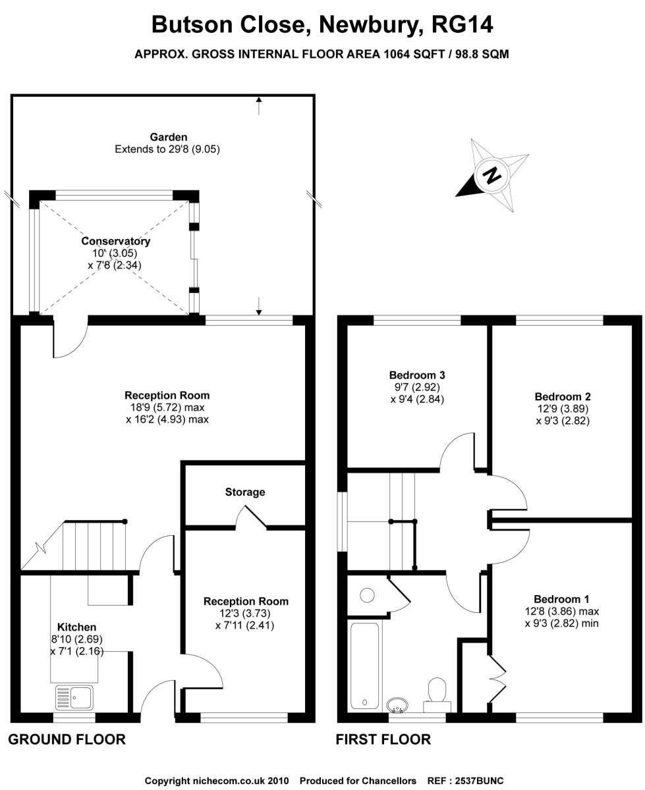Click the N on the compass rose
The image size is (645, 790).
(491, 174)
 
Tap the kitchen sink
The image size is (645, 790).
(74, 697)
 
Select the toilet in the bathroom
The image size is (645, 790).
(437, 695)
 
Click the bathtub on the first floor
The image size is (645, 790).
(364, 666)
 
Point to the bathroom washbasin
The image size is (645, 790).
(397, 704)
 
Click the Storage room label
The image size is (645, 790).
(244, 492)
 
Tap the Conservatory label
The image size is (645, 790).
(115, 241)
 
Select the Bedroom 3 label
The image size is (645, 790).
(417, 375)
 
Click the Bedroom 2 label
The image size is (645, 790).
(563, 396)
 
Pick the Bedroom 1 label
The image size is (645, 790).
(561, 599)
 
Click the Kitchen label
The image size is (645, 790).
(77, 627)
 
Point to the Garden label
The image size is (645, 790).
(168, 137)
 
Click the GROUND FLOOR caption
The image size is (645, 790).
(67, 739)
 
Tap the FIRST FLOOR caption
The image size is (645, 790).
(383, 739)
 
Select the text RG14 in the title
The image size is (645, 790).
(462, 25)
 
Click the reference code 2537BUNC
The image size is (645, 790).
(479, 778)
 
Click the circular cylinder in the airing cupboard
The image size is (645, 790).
(367, 595)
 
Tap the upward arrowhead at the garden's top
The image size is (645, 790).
(259, 99)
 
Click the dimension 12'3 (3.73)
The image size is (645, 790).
(244, 613)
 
